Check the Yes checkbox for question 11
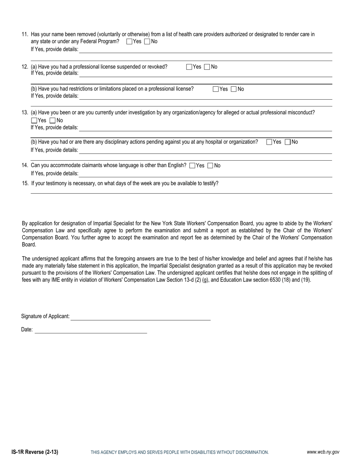[129, 42]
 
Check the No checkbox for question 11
[147, 42]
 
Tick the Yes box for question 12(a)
[189, 67]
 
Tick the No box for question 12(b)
[233, 89]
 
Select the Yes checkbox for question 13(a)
[34, 121]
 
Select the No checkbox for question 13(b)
[288, 142]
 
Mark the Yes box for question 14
[192, 166]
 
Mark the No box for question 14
[211, 166]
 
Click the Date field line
[91, 330]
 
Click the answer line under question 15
[181, 191]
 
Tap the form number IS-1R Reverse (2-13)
[35, 452]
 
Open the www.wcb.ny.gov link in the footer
[323, 452]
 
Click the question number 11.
[25, 34]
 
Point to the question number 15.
[25, 183]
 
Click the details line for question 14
[205, 174]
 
